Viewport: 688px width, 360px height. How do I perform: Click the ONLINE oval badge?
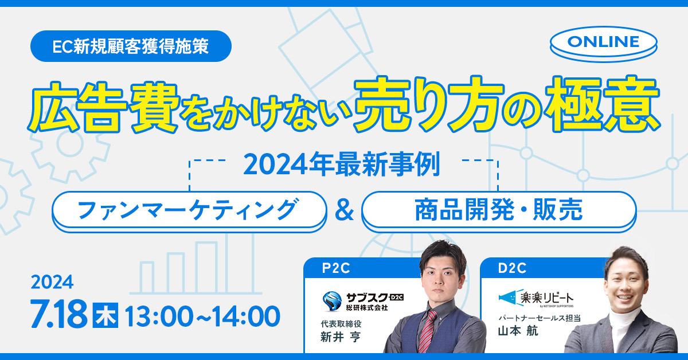tap(604, 44)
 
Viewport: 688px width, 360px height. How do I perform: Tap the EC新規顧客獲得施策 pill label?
tap(131, 46)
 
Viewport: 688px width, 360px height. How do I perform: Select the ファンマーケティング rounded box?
tap(189, 212)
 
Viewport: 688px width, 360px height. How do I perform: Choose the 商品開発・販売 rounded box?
tap(499, 212)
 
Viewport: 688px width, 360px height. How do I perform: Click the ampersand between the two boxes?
tap(345, 211)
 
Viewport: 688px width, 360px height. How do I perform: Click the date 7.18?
tap(58, 314)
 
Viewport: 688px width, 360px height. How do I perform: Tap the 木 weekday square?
tap(105, 315)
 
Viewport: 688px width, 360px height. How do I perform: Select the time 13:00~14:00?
tap(203, 316)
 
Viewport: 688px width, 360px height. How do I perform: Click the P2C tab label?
tap(336, 268)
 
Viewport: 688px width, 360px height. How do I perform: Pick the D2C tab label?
tap(512, 268)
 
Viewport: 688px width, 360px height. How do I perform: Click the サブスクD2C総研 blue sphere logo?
tap(332, 301)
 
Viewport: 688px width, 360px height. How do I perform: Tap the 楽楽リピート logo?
tap(536, 298)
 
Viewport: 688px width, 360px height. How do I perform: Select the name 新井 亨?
tap(341, 337)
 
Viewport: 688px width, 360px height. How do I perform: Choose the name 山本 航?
tap(518, 331)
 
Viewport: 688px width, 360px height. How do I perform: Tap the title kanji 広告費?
tap(103, 108)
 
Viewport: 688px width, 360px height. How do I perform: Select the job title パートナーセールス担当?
tap(540, 318)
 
